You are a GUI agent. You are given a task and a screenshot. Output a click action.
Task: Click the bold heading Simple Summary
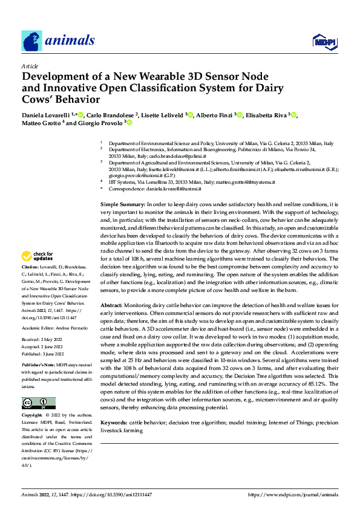[x=122, y=206]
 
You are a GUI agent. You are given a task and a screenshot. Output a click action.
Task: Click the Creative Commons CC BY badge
[x=38, y=403]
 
